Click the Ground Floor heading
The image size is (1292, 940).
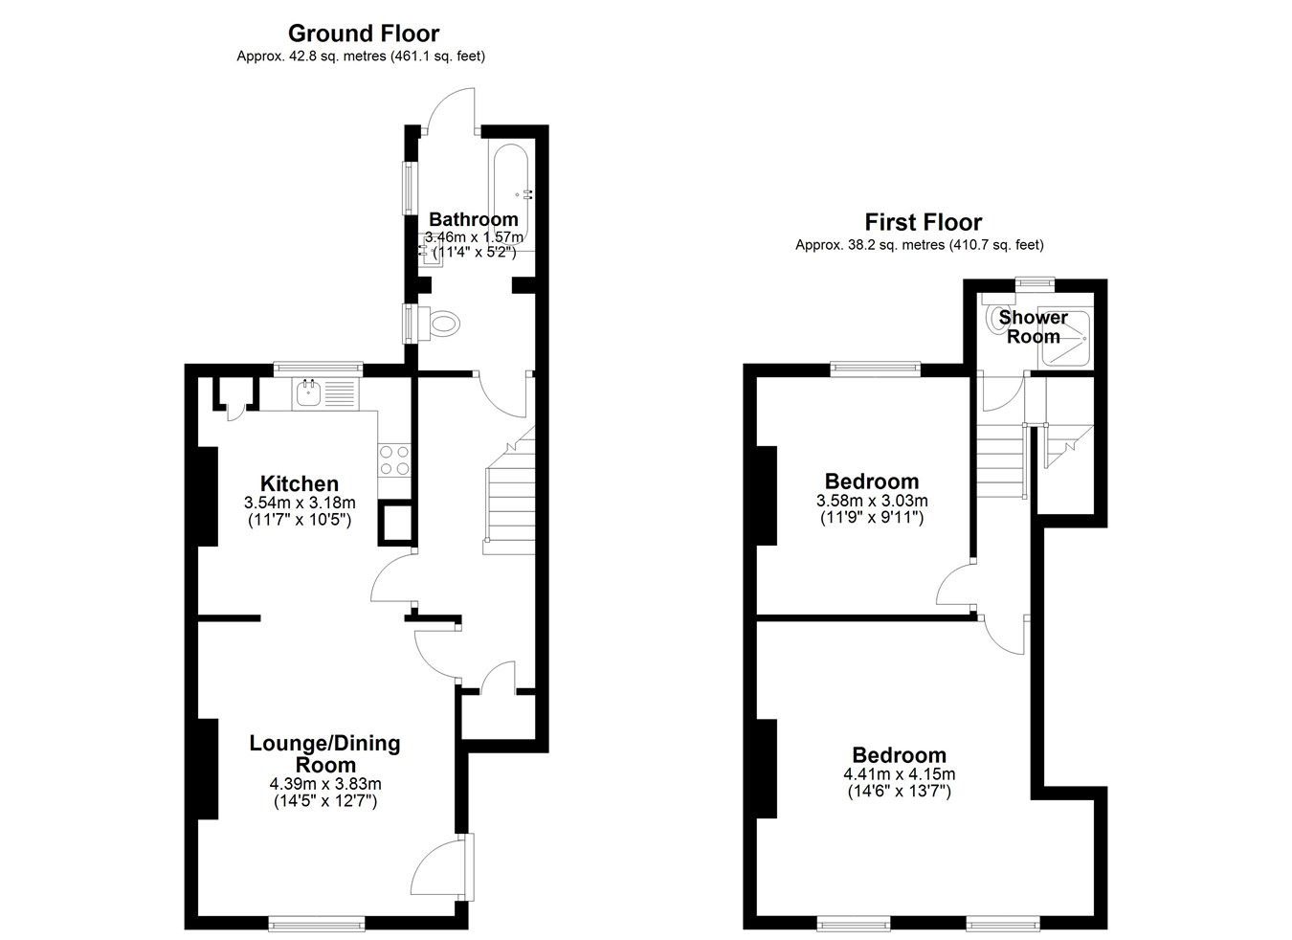364,34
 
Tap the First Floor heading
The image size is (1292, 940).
923,222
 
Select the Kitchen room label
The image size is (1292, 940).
300,483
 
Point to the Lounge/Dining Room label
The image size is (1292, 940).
324,753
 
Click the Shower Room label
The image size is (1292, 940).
1033,326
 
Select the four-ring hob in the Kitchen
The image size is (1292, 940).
395,460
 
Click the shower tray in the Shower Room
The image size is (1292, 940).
1064,339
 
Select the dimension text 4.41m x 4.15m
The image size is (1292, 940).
900,773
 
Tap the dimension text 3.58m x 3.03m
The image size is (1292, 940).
872,501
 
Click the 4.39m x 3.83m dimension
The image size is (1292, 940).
325,784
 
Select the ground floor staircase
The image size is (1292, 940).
509,490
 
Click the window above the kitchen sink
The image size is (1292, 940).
319,369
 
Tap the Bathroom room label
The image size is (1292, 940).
473,219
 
